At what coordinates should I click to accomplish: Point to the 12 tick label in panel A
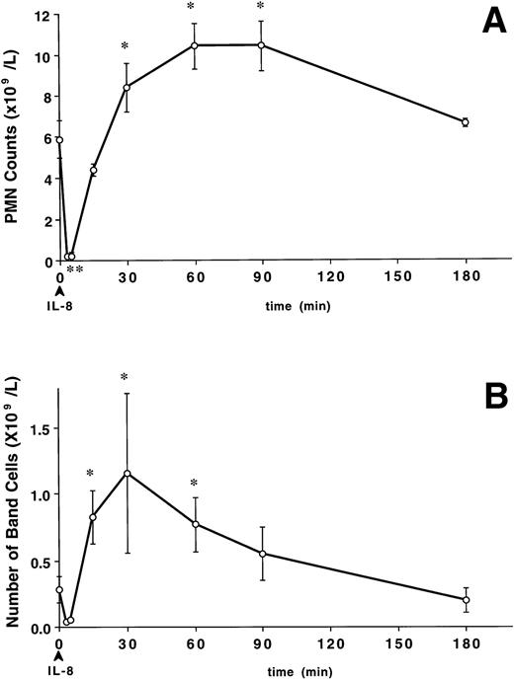[38, 15]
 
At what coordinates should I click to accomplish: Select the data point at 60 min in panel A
[195, 45]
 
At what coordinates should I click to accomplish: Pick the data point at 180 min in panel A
[465, 122]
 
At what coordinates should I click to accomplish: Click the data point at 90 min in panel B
[262, 553]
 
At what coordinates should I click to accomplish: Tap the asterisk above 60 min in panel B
[195, 484]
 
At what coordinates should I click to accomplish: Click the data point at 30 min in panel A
[127, 88]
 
